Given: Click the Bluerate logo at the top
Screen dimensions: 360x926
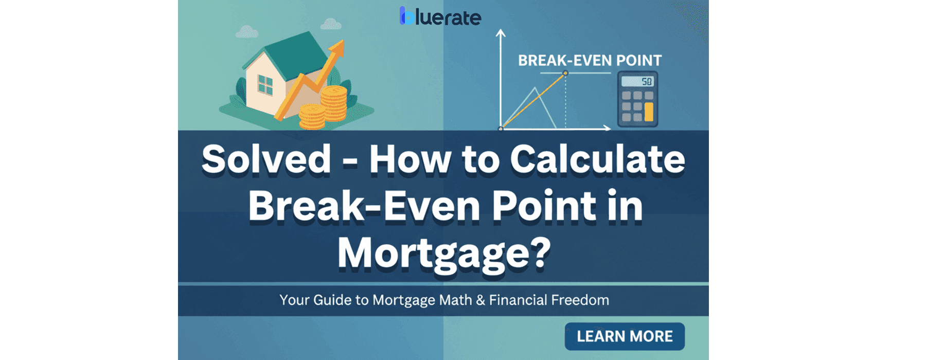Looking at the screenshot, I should (440, 16).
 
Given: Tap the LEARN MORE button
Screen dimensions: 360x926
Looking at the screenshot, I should (625, 336).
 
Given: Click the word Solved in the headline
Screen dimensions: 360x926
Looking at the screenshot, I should (266, 159).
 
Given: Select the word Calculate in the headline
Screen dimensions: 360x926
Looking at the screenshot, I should (597, 159).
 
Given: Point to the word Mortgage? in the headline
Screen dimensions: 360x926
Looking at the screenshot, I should (443, 254).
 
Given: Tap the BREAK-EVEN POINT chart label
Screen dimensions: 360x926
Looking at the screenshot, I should (590, 61).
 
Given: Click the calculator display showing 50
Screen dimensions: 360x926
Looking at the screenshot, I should (637, 81).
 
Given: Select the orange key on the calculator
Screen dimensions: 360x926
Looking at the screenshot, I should (649, 112).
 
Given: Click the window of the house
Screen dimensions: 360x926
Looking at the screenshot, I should (265, 84).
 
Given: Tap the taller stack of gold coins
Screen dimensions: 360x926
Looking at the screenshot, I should (334, 103).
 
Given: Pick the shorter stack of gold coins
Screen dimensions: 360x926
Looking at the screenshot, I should (312, 116).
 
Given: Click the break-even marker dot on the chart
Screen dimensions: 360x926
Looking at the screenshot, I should (565, 73).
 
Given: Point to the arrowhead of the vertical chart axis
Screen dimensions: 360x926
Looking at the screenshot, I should (500, 33).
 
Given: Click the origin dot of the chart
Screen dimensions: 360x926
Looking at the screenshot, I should (501, 129).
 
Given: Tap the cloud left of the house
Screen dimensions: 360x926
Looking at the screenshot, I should (247, 32).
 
